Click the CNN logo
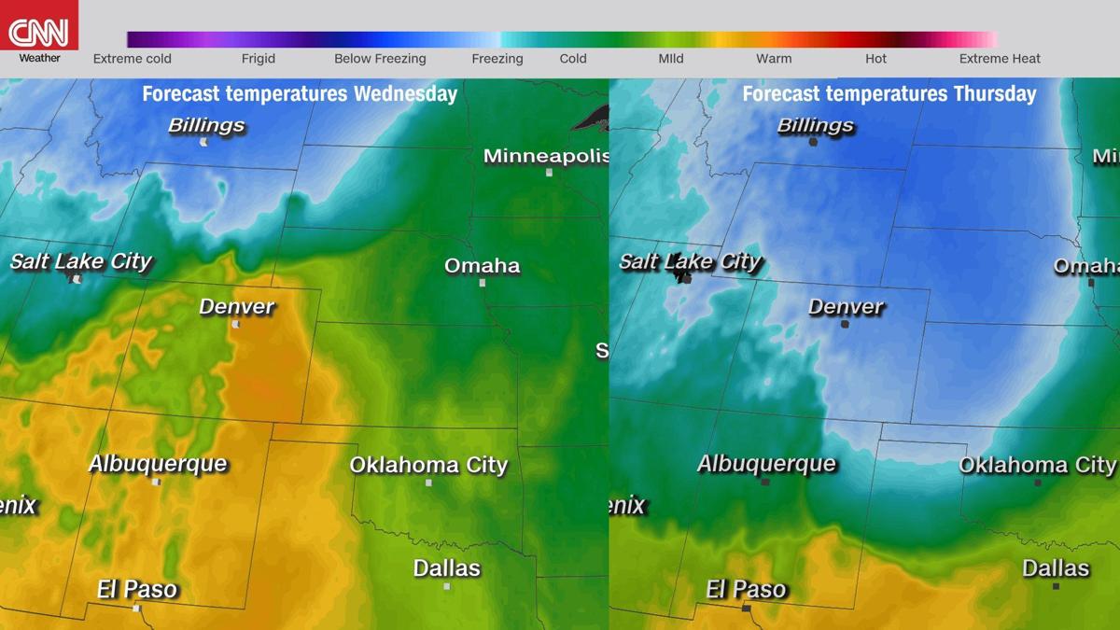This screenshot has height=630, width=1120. pos(39,31)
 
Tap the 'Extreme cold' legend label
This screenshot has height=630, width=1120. pos(133,59)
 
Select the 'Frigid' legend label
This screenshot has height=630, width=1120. pos(259,59)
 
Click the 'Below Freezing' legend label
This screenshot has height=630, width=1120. pos(380,59)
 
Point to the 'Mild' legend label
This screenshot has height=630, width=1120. pos(670,59)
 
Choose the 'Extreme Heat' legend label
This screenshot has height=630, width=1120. pos(1000,59)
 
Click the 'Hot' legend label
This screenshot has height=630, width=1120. pos(875,59)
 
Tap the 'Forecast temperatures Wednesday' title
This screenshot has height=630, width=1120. pos(300,94)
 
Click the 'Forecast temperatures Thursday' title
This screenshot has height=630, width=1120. pos(889,94)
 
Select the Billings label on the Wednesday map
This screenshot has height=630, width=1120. pos(206,125)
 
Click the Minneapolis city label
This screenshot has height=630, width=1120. pos(546,156)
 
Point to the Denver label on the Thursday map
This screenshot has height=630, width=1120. pos(846,306)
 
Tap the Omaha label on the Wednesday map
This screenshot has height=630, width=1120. pos(482,266)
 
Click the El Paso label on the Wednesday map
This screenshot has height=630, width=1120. pos(137,589)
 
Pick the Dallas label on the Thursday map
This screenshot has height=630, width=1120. pos(1056,567)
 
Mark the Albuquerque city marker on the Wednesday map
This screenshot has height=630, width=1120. pos(156,483)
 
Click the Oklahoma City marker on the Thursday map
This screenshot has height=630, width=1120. pos(1038,483)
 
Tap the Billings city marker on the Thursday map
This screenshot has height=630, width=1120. pos(813,142)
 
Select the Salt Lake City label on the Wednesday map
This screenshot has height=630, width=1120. pos(80,261)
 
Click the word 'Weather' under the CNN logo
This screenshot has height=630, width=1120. pos(39,58)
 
